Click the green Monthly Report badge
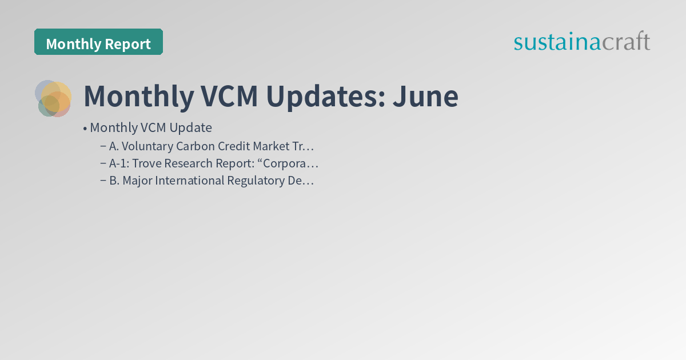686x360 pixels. pyautogui.click(x=98, y=43)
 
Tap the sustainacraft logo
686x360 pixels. pyautogui.click(x=581, y=42)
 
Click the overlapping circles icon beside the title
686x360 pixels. pyautogui.click(x=53, y=98)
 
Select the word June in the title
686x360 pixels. pyautogui.click(x=425, y=97)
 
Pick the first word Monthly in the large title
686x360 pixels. pyautogui.click(x=138, y=97)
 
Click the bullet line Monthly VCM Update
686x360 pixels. pyautogui.click(x=151, y=127)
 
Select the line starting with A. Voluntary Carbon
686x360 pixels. pyautogui.click(x=212, y=146)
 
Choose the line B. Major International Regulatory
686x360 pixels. pyautogui.click(x=212, y=181)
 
